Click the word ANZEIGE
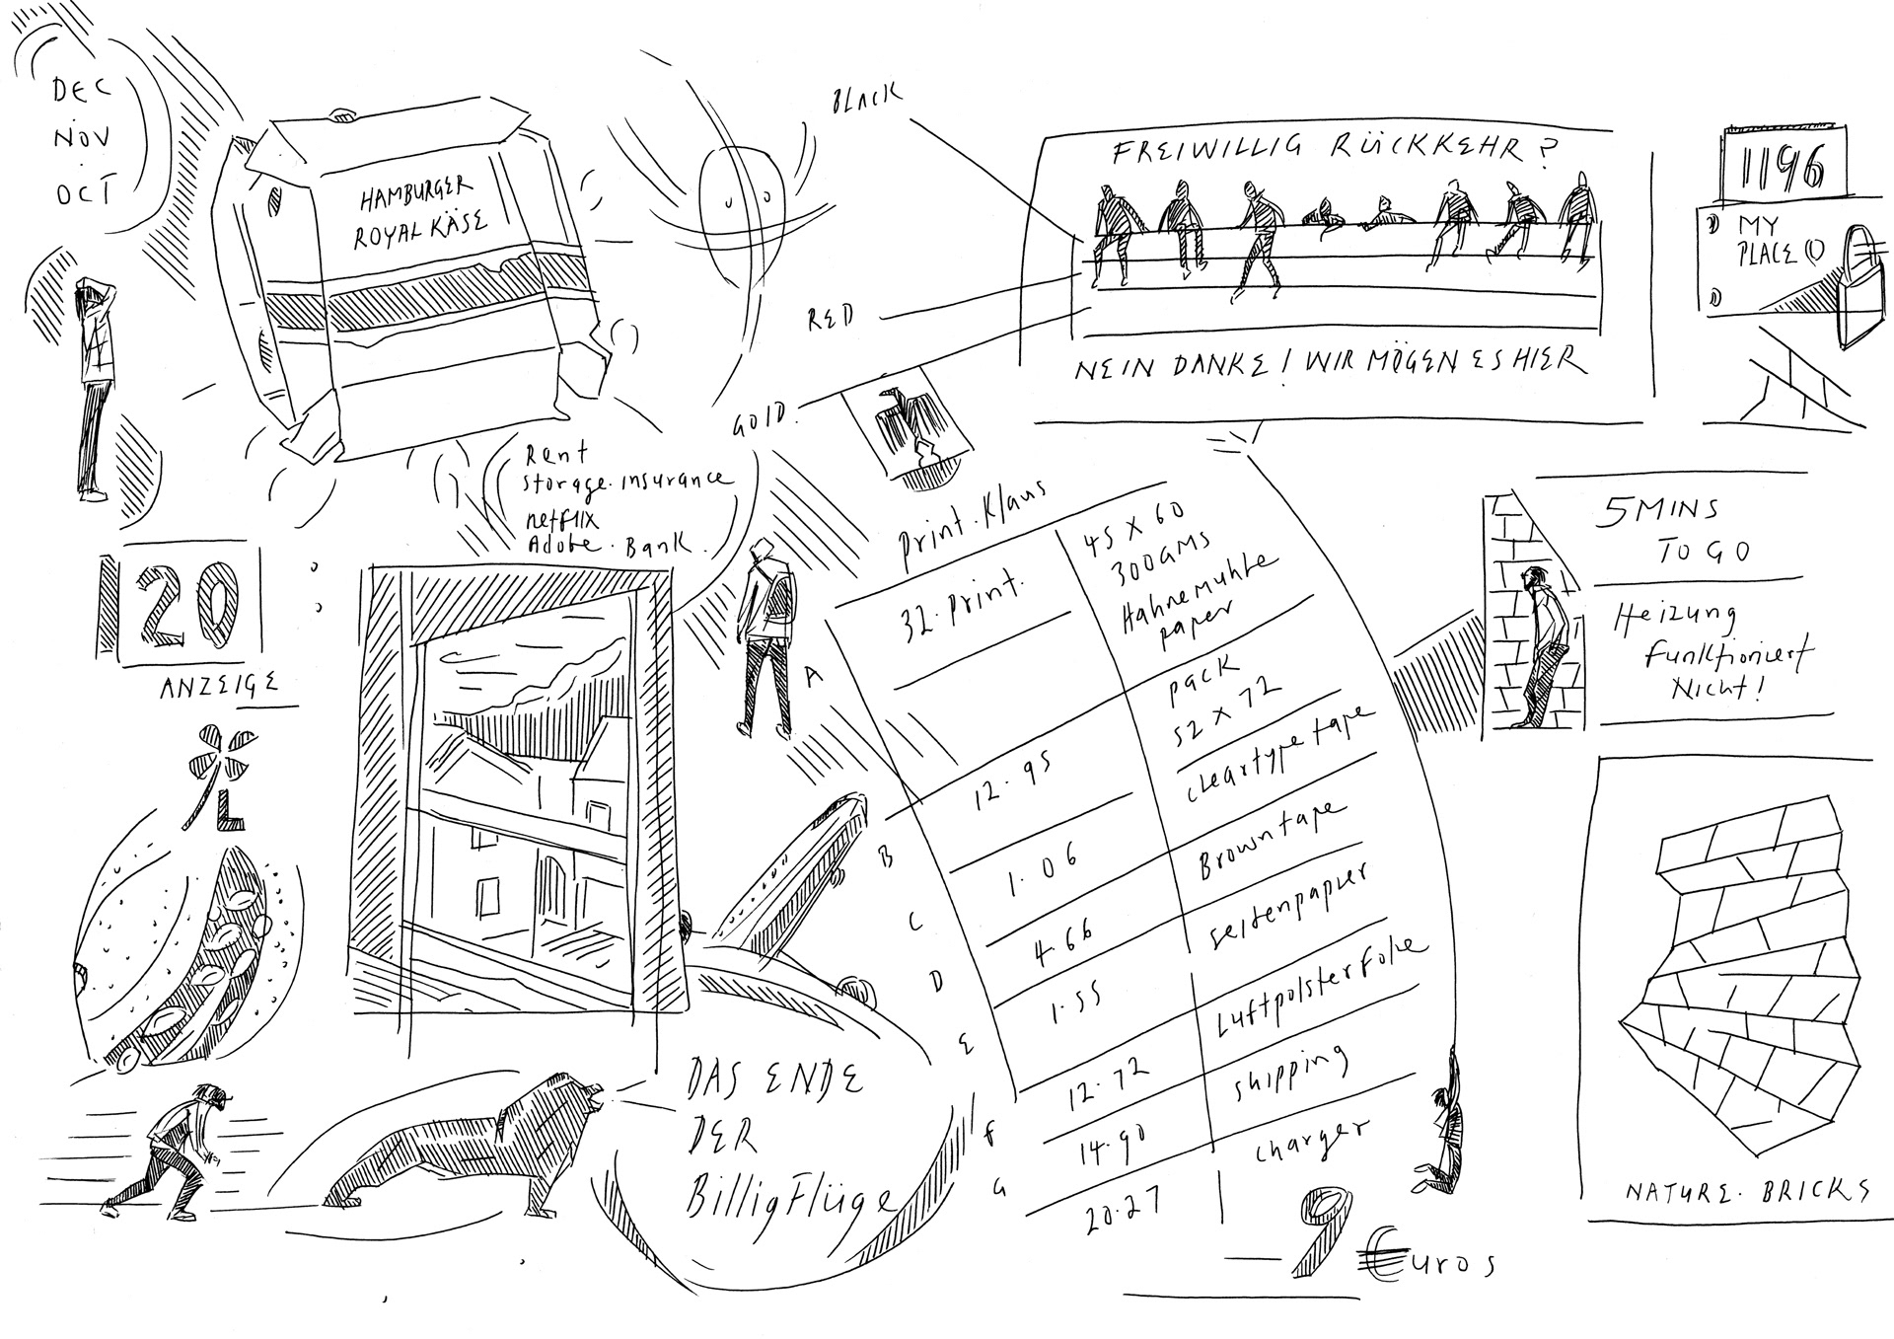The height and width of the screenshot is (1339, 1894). click(218, 683)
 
